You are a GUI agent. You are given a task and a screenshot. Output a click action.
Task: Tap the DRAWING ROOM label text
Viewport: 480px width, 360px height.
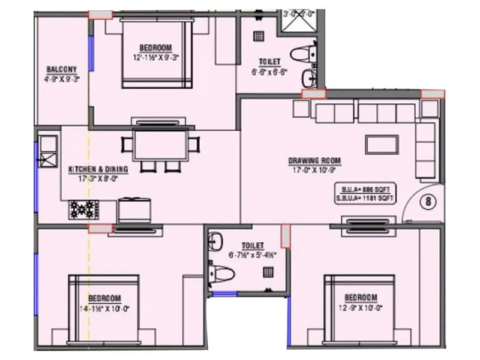click(314, 161)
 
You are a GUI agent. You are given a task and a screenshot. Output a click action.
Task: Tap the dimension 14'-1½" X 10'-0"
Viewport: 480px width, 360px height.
click(105, 308)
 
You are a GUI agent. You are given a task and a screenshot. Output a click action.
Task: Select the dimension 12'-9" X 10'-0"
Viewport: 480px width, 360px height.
click(360, 308)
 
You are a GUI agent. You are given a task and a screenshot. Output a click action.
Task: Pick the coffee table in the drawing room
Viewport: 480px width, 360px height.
click(382, 144)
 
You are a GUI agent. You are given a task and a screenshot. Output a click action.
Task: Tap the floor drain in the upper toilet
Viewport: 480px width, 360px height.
click(259, 36)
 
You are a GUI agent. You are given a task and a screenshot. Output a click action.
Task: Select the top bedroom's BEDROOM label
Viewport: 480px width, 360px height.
click(155, 48)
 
